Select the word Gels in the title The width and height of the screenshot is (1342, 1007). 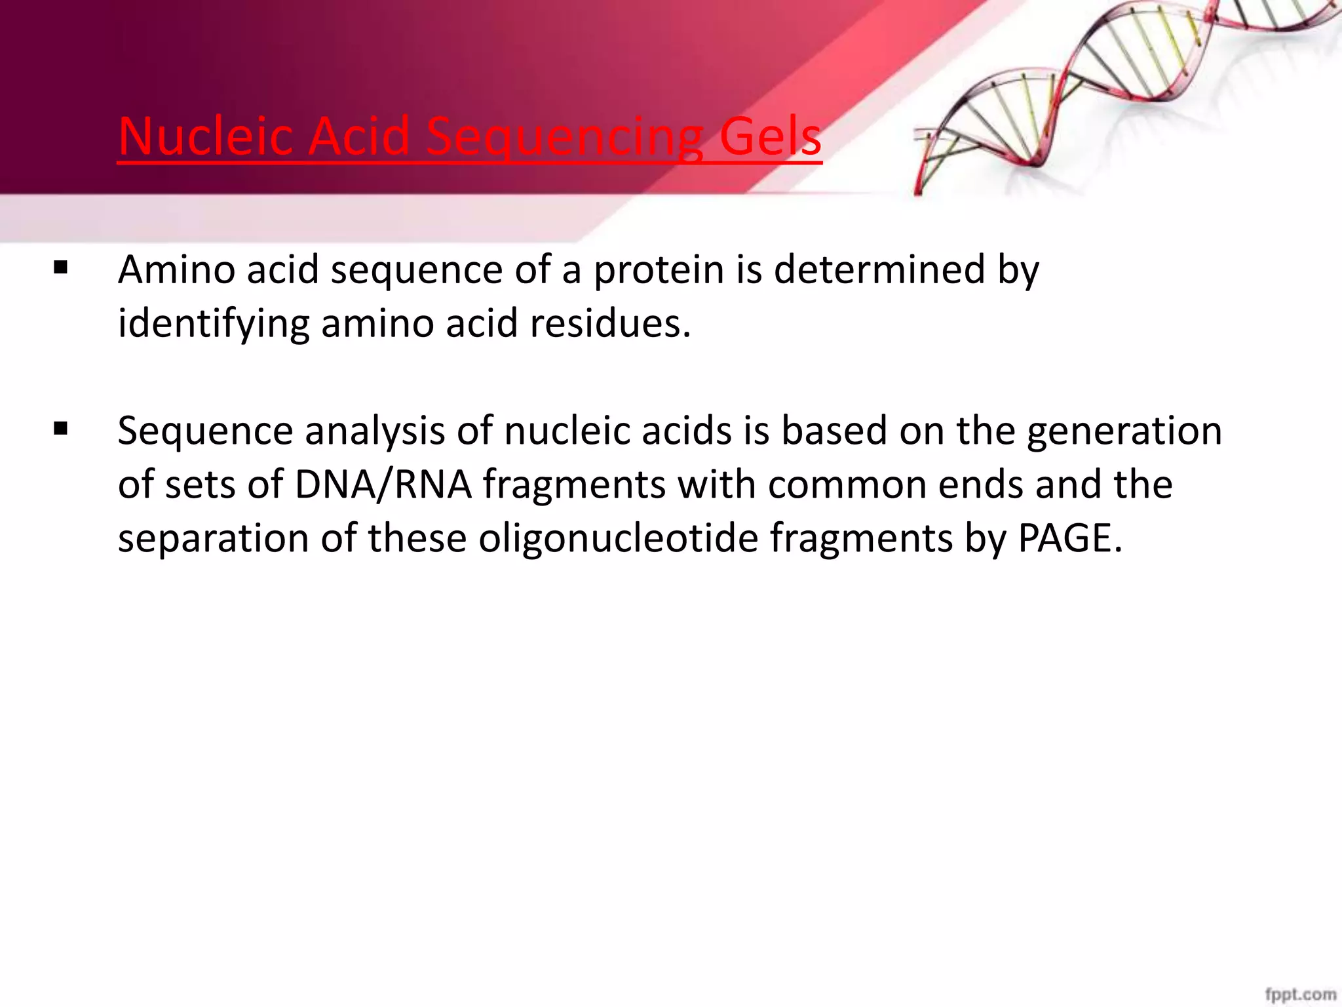click(x=770, y=136)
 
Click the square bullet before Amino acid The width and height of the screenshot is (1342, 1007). click(x=60, y=267)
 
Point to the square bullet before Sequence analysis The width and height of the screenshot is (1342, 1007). click(x=60, y=429)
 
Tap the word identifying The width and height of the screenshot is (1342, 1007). click(x=213, y=324)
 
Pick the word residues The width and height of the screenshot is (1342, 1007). click(x=609, y=324)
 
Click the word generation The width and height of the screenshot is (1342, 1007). click(x=1124, y=432)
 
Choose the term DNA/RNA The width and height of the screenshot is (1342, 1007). click(x=383, y=485)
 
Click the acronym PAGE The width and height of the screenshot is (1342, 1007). click(x=1069, y=539)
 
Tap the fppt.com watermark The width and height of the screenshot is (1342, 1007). click(x=1300, y=994)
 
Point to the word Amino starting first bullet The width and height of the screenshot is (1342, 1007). click(x=176, y=270)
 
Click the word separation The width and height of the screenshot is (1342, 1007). click(x=213, y=539)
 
